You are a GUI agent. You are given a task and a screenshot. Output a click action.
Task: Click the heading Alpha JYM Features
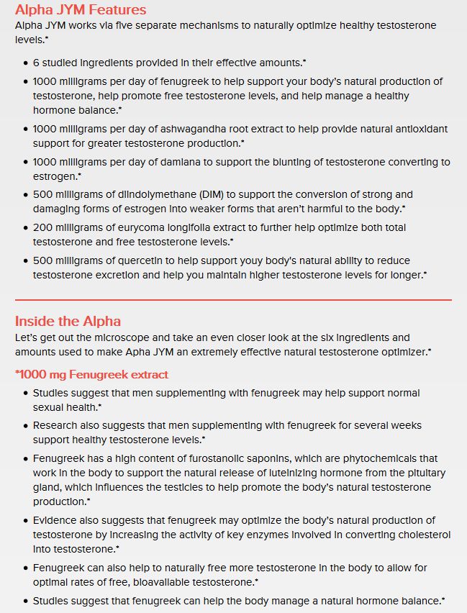[x=80, y=9]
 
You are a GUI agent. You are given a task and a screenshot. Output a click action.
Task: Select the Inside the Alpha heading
[x=68, y=321]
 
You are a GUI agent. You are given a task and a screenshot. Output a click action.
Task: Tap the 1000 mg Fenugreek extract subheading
[x=91, y=374]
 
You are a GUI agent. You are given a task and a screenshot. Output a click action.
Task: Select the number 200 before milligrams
[x=42, y=227]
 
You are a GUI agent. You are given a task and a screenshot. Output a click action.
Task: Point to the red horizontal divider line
[x=233, y=299]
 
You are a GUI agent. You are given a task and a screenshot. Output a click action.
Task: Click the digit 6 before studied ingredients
[x=36, y=63]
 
